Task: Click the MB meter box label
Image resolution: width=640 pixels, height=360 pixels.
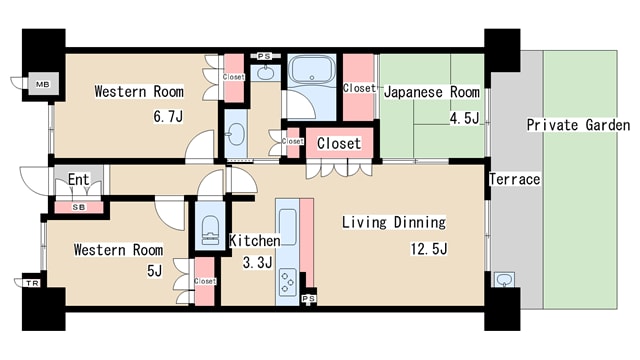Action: pyautogui.click(x=42, y=84)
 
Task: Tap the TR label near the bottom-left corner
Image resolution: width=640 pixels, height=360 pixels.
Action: pyautogui.click(x=32, y=283)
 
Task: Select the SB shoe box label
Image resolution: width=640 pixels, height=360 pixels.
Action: pyautogui.click(x=79, y=207)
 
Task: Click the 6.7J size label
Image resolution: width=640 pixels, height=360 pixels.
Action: pyautogui.click(x=168, y=117)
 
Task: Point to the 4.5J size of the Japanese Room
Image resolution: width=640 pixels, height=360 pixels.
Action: pyautogui.click(x=464, y=118)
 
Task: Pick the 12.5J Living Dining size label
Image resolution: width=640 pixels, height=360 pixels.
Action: pyautogui.click(x=429, y=249)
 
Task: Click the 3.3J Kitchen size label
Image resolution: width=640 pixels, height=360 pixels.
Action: pyautogui.click(x=257, y=262)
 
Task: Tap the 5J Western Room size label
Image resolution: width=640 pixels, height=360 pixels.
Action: pyautogui.click(x=154, y=270)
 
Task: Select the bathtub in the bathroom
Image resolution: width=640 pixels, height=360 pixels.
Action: pyautogui.click(x=312, y=69)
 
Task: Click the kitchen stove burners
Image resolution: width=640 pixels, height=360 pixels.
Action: pyautogui.click(x=287, y=282)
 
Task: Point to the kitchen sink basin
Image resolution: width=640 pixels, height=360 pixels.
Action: pyautogui.click(x=288, y=227)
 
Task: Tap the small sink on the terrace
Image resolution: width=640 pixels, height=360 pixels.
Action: pyautogui.click(x=504, y=280)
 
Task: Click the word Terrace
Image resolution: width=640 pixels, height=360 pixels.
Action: pyautogui.click(x=515, y=179)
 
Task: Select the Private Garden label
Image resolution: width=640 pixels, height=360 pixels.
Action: pyautogui.click(x=578, y=125)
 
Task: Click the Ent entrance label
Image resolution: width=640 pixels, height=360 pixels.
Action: pyautogui.click(x=78, y=180)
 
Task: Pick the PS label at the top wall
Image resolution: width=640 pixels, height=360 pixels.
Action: pyautogui.click(x=264, y=56)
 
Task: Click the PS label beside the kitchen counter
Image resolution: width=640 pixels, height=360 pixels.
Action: pyautogui.click(x=309, y=299)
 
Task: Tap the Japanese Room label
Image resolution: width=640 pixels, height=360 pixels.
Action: pyautogui.click(x=431, y=92)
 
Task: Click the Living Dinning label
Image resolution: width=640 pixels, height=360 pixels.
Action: pyautogui.click(x=394, y=222)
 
